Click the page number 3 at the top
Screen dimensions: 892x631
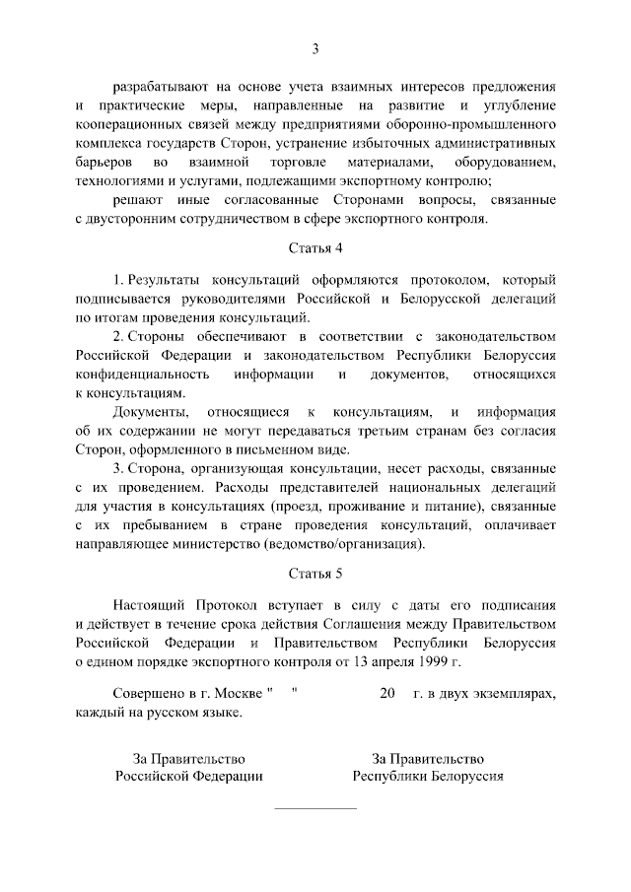315,48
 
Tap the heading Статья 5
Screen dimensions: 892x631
315,573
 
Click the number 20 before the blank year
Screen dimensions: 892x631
386,694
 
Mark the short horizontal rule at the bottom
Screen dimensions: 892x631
315,809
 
